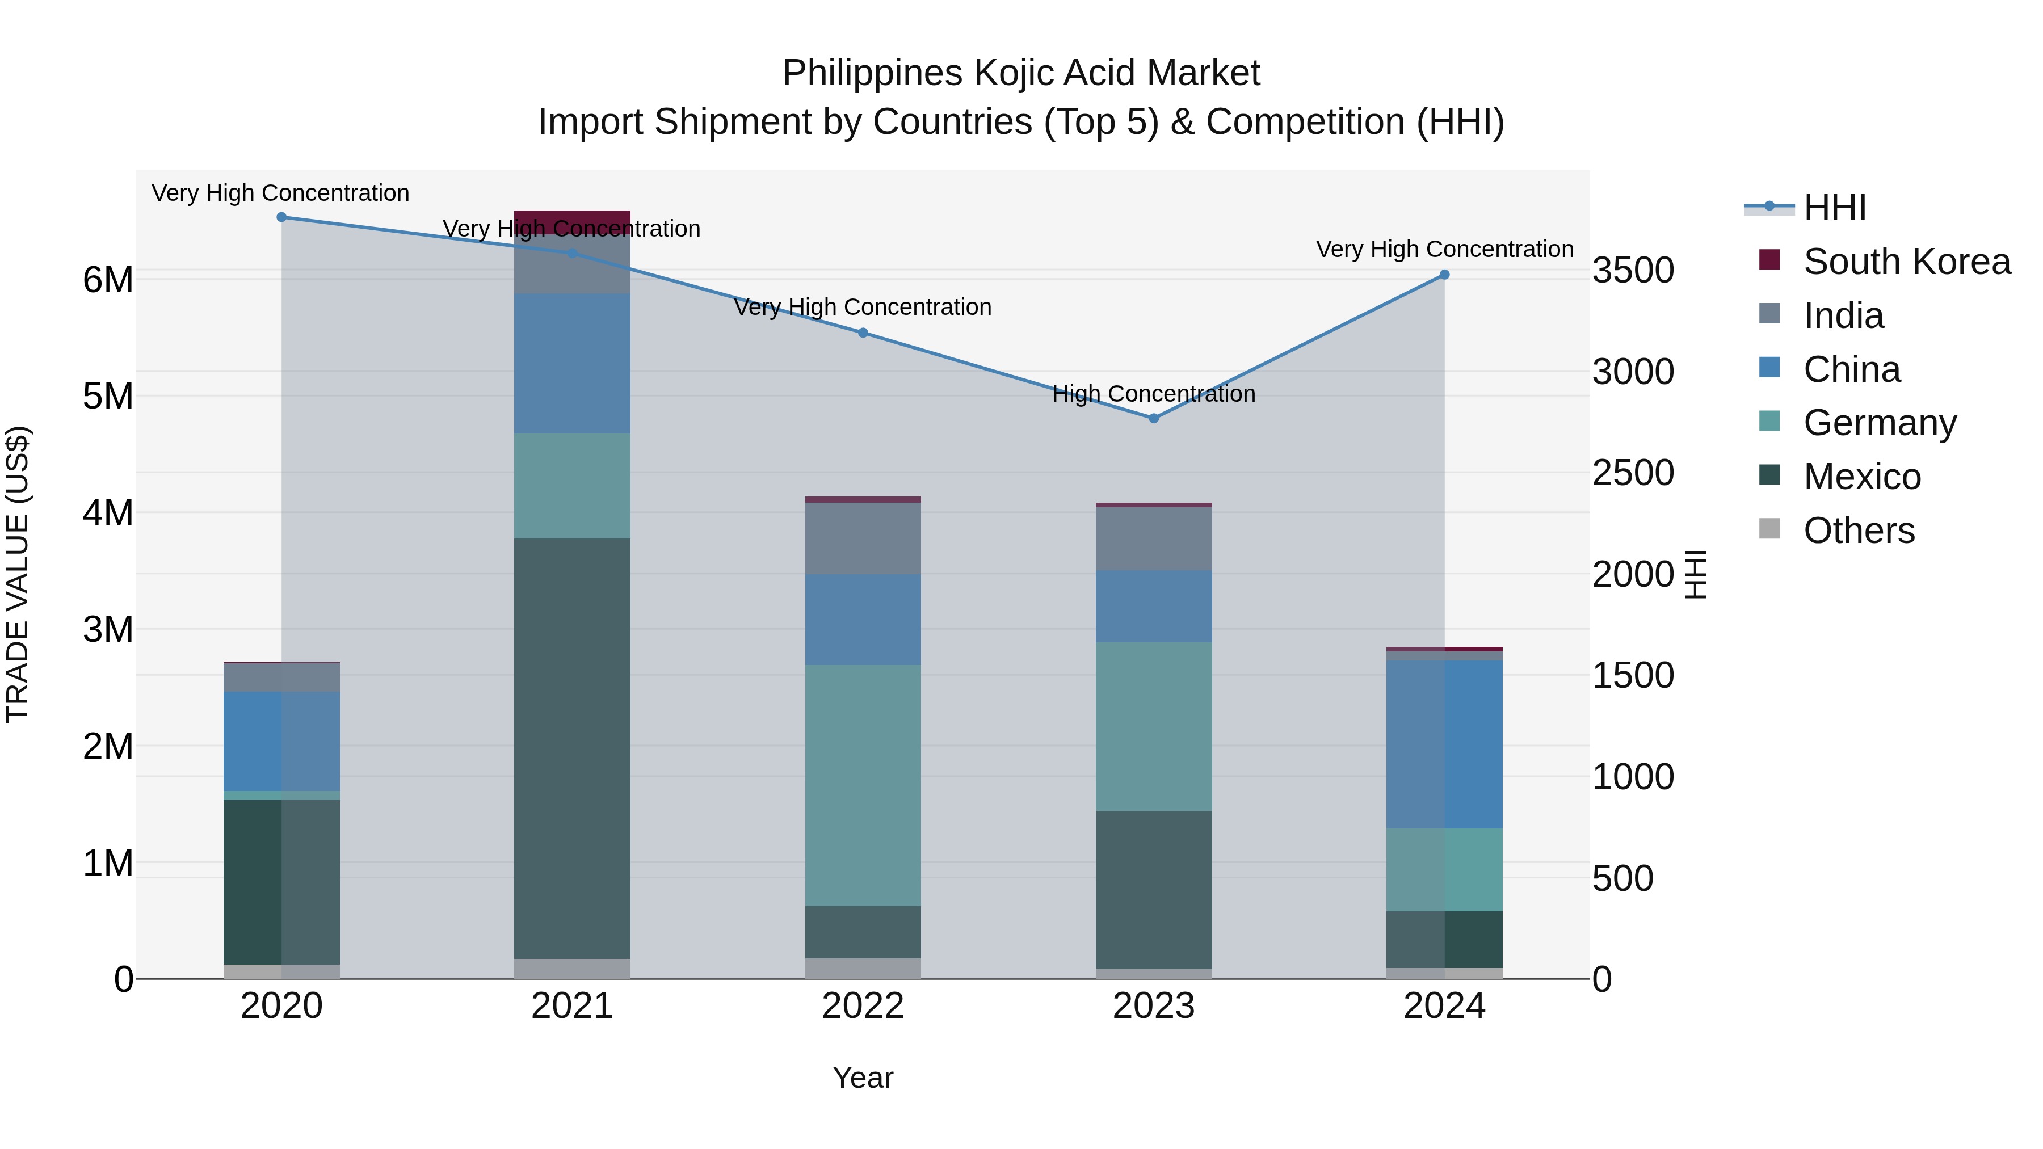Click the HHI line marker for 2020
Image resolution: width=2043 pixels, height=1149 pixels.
point(281,217)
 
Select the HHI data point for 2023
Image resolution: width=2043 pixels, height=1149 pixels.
point(1154,418)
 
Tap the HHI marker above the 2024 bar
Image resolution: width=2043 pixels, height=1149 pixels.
point(1444,275)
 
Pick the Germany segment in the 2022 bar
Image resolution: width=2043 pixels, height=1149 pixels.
point(863,785)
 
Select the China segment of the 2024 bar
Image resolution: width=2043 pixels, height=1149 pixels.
point(1444,744)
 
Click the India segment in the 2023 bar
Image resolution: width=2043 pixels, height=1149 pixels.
point(1154,538)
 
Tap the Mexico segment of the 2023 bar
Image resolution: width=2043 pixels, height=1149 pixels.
point(1154,889)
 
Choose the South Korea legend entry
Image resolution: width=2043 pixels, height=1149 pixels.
point(1907,262)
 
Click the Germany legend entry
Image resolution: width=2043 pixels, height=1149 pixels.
point(1880,423)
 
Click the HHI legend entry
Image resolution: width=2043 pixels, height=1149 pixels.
point(1834,208)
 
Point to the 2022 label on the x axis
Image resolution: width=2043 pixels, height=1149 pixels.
point(863,1006)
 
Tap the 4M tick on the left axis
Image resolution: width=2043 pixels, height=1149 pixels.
point(108,513)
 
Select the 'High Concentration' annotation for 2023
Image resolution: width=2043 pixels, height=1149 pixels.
point(1154,394)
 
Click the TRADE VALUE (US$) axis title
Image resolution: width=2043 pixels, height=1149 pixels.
point(18,574)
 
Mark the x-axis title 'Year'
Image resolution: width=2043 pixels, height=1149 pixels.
point(863,1078)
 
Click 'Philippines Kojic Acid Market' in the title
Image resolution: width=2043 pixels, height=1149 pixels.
point(1021,73)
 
